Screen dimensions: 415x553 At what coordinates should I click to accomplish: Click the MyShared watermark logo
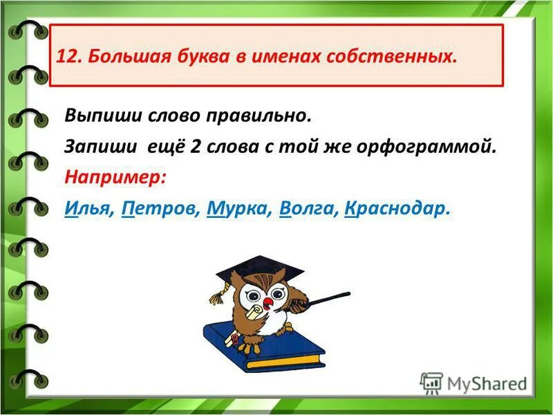pos(474,382)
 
